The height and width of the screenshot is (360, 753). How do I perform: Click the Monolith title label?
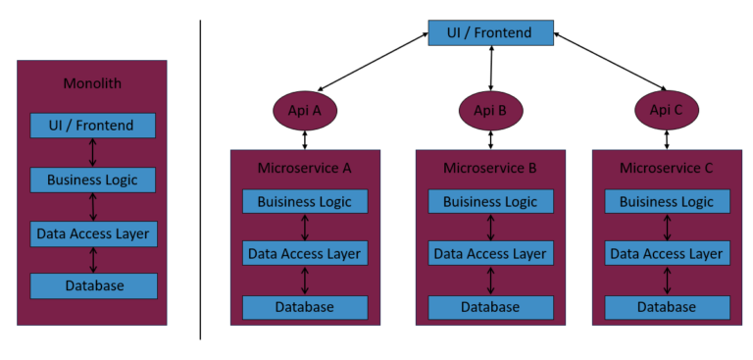[x=92, y=83]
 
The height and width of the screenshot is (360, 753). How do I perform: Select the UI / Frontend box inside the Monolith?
[x=92, y=126]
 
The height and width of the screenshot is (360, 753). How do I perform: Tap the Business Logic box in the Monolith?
[x=92, y=180]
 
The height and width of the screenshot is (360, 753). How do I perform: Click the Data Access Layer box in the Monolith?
[x=92, y=233]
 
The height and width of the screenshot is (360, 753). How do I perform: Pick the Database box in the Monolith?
[x=92, y=285]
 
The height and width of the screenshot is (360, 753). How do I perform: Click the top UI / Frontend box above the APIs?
[x=489, y=32]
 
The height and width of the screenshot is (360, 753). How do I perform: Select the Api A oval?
[x=305, y=110]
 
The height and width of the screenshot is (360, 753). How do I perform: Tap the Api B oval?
[x=489, y=110]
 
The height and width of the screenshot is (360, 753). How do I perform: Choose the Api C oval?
[x=667, y=110]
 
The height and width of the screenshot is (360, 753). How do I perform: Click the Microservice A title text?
[x=304, y=168]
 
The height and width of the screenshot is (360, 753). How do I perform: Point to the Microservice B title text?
[x=489, y=168]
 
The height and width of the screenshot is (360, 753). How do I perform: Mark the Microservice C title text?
[x=667, y=168]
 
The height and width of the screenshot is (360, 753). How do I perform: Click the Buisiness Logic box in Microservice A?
[x=305, y=201]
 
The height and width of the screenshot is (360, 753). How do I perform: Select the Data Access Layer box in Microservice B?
[x=489, y=253]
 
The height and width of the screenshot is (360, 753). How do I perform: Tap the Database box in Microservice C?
[x=667, y=307]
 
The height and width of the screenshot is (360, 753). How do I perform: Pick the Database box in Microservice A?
[x=305, y=307]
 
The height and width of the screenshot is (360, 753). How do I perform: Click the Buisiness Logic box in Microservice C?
[x=667, y=201]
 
